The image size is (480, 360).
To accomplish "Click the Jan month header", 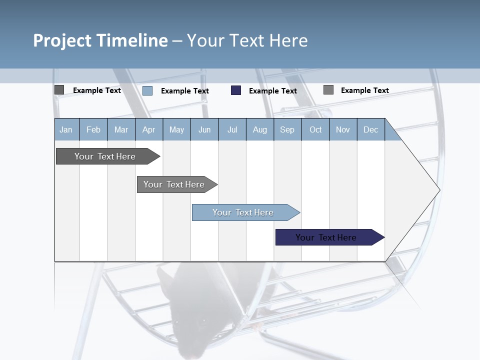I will (x=66, y=129).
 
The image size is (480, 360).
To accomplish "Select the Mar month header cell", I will (x=121, y=129).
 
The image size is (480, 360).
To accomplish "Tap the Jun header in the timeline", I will (x=204, y=129).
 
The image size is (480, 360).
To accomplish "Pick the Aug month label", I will (x=260, y=129).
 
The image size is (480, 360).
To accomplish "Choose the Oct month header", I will (x=315, y=129).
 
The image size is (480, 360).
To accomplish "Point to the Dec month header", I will (x=370, y=129).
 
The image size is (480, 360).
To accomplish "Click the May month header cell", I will (x=176, y=129).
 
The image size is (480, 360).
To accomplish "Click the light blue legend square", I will (x=147, y=90).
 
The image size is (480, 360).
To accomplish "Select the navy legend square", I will (x=236, y=90).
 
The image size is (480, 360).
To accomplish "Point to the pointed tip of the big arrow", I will (x=438, y=190).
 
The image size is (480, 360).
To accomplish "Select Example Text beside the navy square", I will (x=272, y=91).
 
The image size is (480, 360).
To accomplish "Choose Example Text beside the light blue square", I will (x=184, y=91).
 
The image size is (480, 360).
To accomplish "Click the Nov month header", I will (x=343, y=129).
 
